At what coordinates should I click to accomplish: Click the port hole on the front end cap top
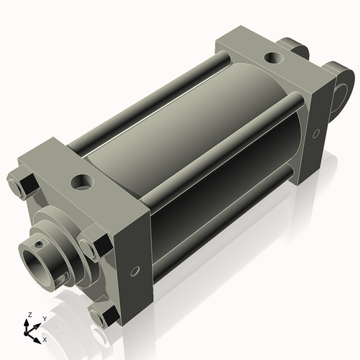81,180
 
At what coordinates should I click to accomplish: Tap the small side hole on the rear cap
318,133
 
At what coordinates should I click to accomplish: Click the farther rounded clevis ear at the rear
296,48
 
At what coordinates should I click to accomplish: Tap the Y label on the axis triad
44,318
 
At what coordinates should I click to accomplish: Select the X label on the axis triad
45,338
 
